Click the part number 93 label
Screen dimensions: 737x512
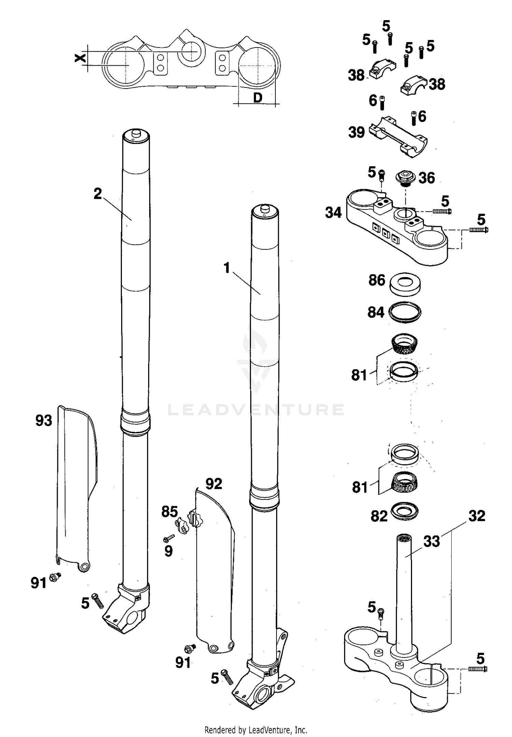[44, 421]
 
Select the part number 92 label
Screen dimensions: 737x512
[214, 483]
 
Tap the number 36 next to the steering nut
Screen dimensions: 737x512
[427, 178]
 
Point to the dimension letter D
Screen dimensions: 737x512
[258, 98]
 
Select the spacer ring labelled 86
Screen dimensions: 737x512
[405, 284]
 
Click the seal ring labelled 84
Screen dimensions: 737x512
[406, 312]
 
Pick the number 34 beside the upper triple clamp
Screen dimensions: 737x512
[333, 213]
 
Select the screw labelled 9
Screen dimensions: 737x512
[169, 539]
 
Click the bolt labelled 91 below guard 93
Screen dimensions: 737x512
[55, 577]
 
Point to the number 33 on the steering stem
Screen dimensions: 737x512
[431, 542]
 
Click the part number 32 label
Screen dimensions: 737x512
[477, 516]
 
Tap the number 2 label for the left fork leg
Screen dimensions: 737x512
[98, 194]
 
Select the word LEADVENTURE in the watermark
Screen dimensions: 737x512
[256, 410]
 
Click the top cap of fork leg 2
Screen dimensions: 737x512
[136, 135]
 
